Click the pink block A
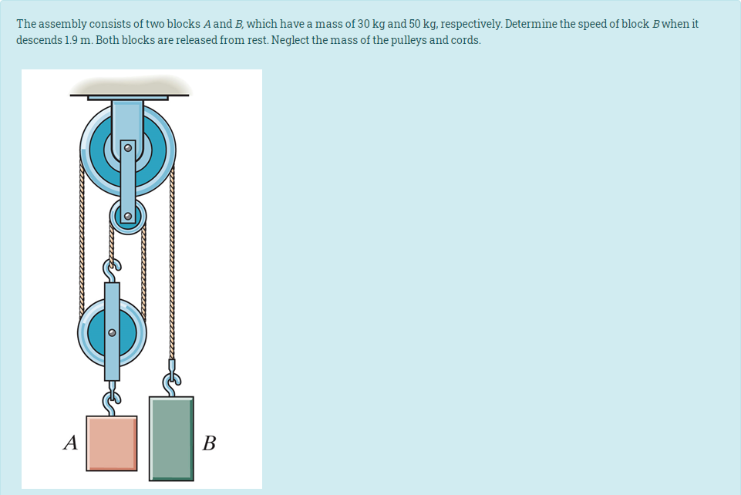(x=112, y=443)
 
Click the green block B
(x=171, y=438)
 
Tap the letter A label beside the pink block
(x=72, y=443)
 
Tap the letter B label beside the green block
(x=208, y=443)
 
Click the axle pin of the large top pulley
(x=129, y=145)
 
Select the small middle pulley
(x=128, y=216)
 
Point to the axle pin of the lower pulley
(x=112, y=333)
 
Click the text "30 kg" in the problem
(x=372, y=24)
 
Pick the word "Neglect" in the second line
(x=291, y=40)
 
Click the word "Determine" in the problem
(x=530, y=24)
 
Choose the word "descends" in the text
(x=35, y=40)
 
